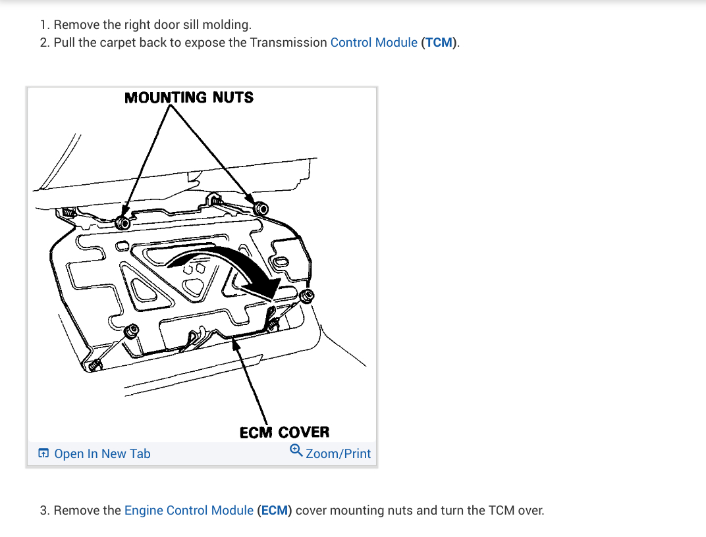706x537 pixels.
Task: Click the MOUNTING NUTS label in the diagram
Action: [189, 97]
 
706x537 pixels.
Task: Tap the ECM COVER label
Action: [284, 432]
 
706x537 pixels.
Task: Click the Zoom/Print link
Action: [338, 453]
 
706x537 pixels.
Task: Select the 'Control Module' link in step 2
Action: [373, 43]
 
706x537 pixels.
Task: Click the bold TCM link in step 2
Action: [439, 43]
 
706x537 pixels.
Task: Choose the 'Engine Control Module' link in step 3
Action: [189, 510]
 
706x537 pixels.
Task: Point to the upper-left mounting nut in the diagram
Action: [122, 222]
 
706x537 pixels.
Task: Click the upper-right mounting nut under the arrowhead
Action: [261, 209]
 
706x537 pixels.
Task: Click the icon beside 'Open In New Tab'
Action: [43, 453]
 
